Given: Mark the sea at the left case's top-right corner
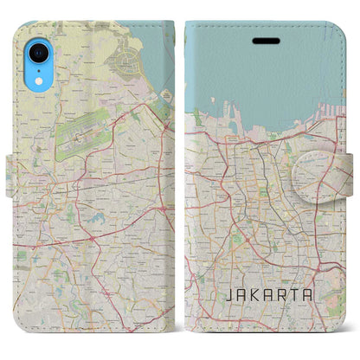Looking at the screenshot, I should (x=160, y=52).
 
